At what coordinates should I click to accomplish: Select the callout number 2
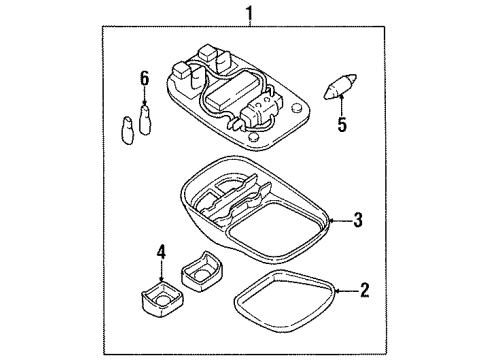coord(364,291)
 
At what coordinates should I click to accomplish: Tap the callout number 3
coord(358,220)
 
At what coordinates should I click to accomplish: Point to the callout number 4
coord(161,252)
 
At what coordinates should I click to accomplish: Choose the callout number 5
coord(342,124)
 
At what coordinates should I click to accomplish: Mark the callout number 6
coord(144,79)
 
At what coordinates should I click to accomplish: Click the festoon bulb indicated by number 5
coord(340,87)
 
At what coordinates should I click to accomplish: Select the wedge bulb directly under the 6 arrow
coord(145,120)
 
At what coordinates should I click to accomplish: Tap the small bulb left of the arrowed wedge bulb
coord(127,130)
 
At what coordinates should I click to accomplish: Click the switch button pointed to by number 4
coord(162,299)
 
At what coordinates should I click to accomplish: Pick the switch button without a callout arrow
coord(201,272)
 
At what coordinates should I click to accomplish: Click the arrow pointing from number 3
coord(340,221)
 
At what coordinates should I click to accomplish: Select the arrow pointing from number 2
coord(346,291)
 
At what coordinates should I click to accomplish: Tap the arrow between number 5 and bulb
coord(341,105)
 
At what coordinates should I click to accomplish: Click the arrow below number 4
coord(161,271)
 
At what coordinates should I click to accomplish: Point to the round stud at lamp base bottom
coord(254,137)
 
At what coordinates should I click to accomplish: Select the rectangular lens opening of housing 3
coord(275,228)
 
